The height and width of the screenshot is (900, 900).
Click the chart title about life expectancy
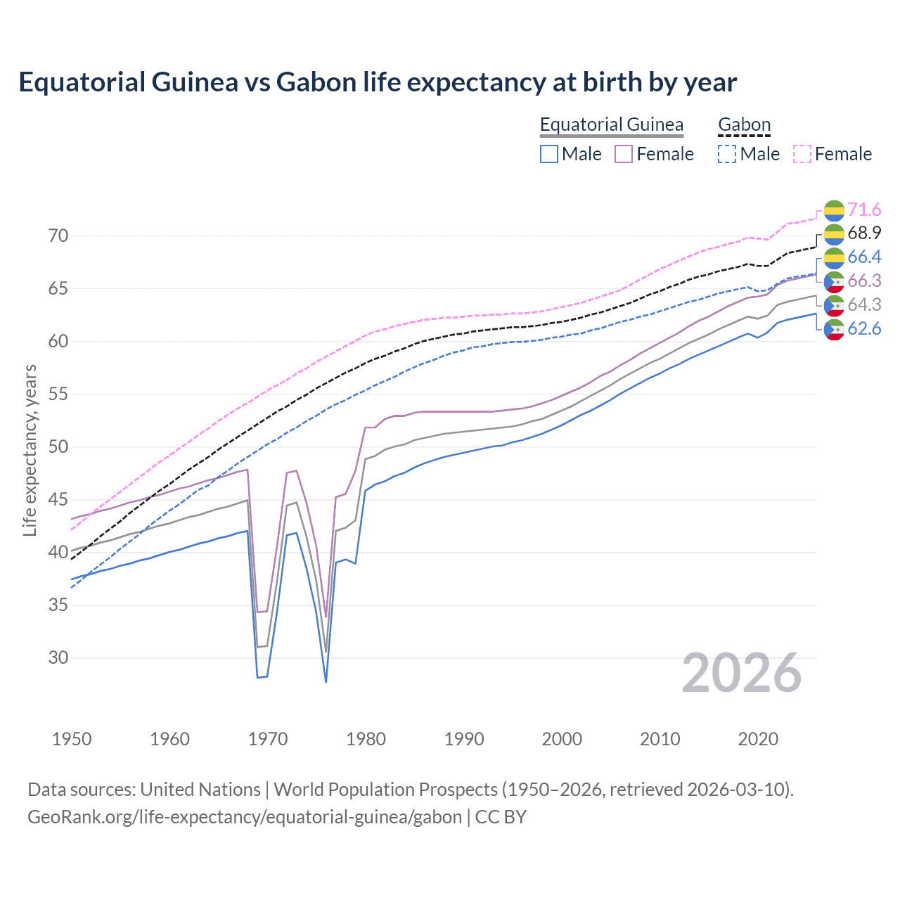[378, 82]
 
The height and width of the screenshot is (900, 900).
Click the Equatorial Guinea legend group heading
[611, 124]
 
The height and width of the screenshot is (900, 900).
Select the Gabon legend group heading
[744, 124]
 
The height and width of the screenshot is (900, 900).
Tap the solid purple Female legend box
[624, 154]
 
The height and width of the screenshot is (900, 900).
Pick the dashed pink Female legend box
[802, 154]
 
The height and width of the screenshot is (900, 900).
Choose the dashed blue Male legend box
[727, 154]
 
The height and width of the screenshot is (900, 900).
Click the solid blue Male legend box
[549, 154]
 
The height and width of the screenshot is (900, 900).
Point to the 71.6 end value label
[864, 210]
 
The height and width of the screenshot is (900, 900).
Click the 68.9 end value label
[864, 233]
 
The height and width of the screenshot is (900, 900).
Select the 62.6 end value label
[864, 328]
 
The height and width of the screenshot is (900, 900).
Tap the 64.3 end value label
[864, 304]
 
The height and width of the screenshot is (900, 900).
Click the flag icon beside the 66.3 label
[834, 281]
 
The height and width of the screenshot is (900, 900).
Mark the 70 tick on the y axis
[58, 236]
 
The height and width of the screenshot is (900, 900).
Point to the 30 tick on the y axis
[58, 658]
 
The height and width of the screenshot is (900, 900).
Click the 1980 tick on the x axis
[366, 739]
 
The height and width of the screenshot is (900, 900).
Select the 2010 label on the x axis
[660, 739]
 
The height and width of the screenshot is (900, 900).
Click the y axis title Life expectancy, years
[30, 450]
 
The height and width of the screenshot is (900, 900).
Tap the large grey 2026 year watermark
[741, 674]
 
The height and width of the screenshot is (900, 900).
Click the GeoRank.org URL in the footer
[245, 817]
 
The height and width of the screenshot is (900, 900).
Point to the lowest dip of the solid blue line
[326, 681]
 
